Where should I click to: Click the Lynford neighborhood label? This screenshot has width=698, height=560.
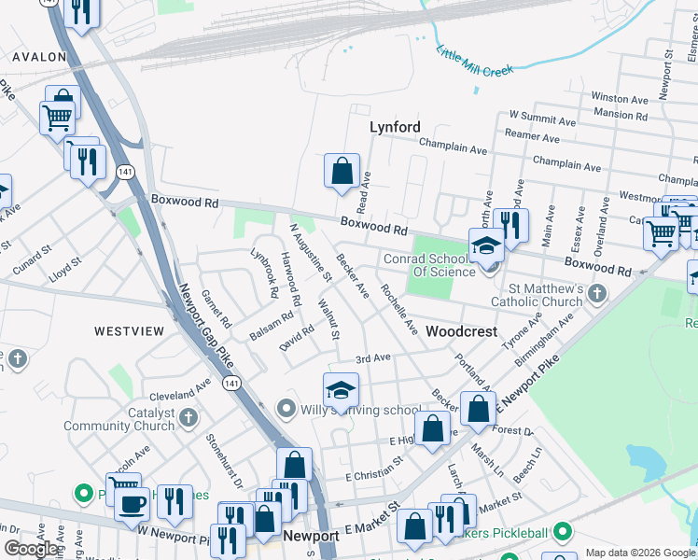[395, 127]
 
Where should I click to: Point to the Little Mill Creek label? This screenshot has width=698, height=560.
[475, 60]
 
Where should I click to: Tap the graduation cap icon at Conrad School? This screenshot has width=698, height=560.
[486, 245]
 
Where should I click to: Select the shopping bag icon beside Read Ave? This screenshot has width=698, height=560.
[342, 171]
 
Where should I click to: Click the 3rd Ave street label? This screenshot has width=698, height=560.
[373, 358]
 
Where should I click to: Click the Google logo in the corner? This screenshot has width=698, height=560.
[32, 549]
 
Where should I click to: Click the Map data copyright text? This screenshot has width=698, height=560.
[639, 553]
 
